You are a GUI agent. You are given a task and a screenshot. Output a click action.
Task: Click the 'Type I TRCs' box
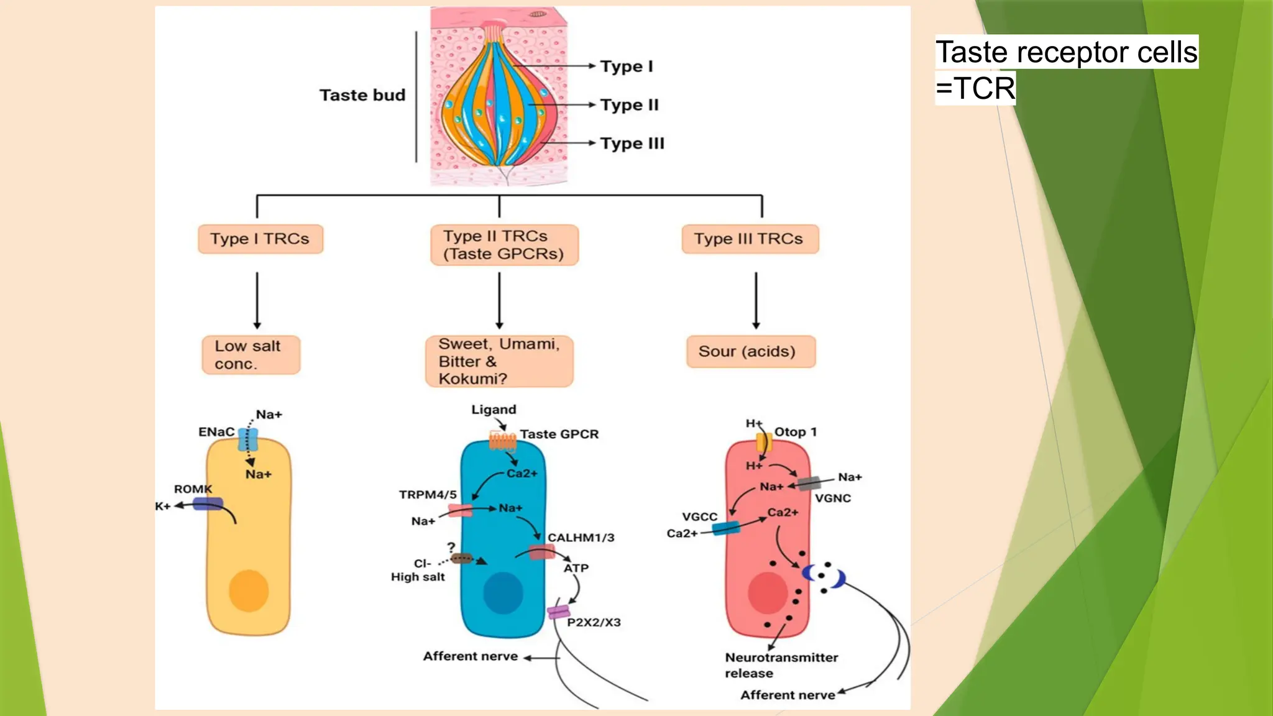click(260, 239)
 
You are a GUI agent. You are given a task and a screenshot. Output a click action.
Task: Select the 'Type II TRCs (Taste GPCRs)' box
click(503, 245)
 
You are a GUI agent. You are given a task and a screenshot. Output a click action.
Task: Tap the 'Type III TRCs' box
click(749, 239)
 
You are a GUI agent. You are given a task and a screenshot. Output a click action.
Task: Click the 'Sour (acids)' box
click(750, 352)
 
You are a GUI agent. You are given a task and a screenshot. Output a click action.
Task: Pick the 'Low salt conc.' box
click(250, 355)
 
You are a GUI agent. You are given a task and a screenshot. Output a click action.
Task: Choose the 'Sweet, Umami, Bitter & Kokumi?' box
click(499, 361)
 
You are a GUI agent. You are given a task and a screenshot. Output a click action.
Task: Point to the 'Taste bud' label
click(362, 95)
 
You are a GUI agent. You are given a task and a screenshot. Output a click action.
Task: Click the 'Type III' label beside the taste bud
click(632, 144)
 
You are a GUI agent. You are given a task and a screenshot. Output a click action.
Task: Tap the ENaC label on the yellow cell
click(216, 432)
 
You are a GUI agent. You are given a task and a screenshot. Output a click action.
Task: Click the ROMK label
click(193, 489)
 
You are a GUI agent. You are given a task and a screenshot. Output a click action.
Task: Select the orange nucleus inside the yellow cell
click(249, 591)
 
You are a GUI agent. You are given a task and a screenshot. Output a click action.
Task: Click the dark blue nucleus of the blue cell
click(503, 593)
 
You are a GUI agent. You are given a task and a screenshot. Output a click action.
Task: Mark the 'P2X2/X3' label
click(594, 622)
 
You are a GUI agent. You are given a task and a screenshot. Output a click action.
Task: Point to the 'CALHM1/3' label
click(581, 538)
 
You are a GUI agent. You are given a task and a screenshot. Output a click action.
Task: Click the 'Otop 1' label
click(795, 432)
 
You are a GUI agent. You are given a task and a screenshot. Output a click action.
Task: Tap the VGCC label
click(699, 516)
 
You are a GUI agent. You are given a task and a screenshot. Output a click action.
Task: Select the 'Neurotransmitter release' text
click(781, 665)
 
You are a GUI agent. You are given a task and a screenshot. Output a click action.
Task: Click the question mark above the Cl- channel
click(451, 547)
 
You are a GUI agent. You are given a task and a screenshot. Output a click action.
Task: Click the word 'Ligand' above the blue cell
click(494, 410)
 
